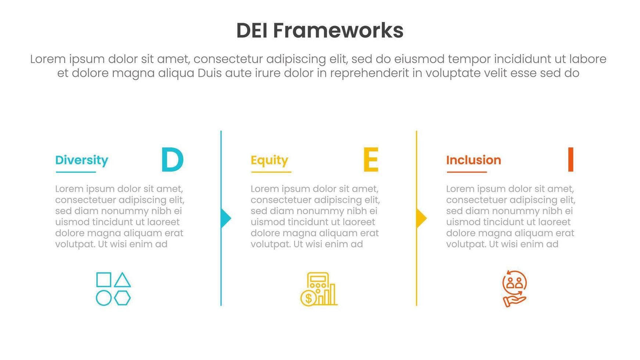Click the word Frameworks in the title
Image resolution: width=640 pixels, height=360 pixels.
338,30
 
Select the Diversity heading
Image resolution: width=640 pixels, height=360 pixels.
82,161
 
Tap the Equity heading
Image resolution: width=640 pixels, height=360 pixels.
269,161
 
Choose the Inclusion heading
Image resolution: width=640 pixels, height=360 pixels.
474,160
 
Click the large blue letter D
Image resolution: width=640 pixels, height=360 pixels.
172,159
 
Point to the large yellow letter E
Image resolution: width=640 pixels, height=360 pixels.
371,159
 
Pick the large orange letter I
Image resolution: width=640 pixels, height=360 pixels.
571,159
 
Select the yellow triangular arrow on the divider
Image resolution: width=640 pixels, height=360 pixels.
421,218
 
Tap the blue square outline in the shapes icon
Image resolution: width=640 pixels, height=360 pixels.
104,280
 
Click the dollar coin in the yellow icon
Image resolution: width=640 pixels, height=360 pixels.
308,298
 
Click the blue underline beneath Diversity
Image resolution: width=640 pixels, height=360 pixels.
76,172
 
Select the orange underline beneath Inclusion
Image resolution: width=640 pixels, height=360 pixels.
467,172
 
